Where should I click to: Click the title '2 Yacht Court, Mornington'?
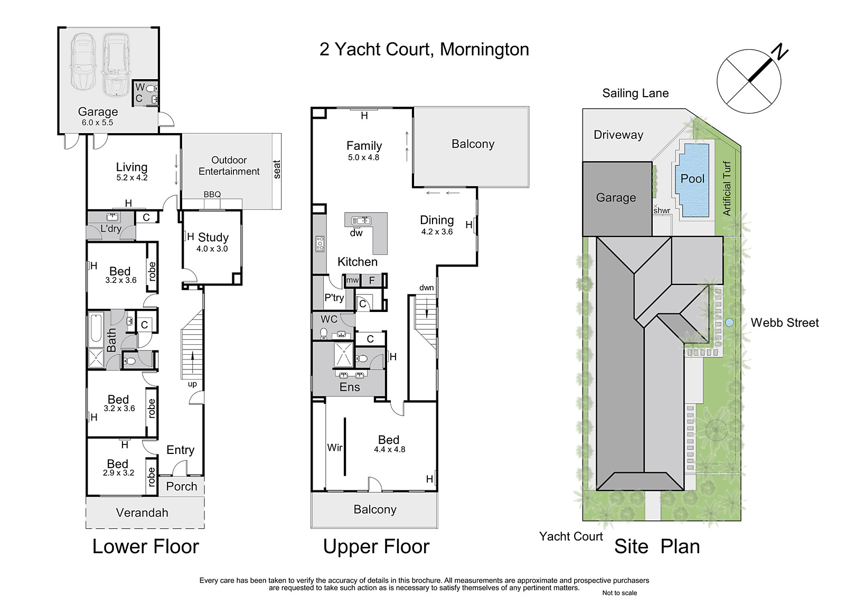[x=424, y=50]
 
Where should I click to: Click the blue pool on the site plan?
[x=694, y=181]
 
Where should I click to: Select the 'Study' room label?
[x=213, y=237]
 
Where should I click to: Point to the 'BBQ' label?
[x=212, y=194]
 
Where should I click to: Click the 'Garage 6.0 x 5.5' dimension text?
[x=97, y=122]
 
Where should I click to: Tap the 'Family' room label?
[x=364, y=146]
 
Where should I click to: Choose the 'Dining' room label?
[x=437, y=220]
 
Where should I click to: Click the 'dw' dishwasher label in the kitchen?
[x=356, y=233]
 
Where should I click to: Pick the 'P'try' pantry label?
[x=334, y=298]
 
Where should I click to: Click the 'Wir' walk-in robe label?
[x=335, y=447]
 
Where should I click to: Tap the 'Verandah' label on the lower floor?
[x=142, y=513]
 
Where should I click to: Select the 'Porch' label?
[x=182, y=486]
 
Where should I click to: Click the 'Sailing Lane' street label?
[x=635, y=93]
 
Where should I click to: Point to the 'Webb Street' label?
[x=785, y=323]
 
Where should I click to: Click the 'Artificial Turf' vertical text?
[x=727, y=188]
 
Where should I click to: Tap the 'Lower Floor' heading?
[x=146, y=546]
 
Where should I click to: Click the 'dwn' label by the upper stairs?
[x=427, y=287]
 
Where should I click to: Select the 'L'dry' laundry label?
[x=111, y=228]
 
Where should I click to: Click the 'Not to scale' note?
[x=619, y=593]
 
